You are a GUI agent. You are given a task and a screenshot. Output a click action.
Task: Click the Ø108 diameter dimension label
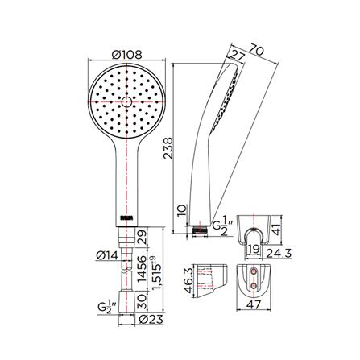[126, 55]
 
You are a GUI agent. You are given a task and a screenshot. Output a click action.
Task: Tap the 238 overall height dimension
[168, 148]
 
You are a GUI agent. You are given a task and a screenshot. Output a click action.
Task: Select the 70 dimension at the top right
[257, 51]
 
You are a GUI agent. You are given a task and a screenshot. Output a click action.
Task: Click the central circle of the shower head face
[126, 102]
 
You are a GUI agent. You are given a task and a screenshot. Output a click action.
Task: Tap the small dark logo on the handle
[126, 218]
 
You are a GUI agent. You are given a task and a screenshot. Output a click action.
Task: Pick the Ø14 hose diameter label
[107, 255]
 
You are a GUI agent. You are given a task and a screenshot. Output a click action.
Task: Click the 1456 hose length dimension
[142, 269]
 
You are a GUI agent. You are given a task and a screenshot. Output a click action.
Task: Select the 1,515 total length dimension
[156, 273]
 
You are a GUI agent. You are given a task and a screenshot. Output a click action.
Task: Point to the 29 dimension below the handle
[142, 237]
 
